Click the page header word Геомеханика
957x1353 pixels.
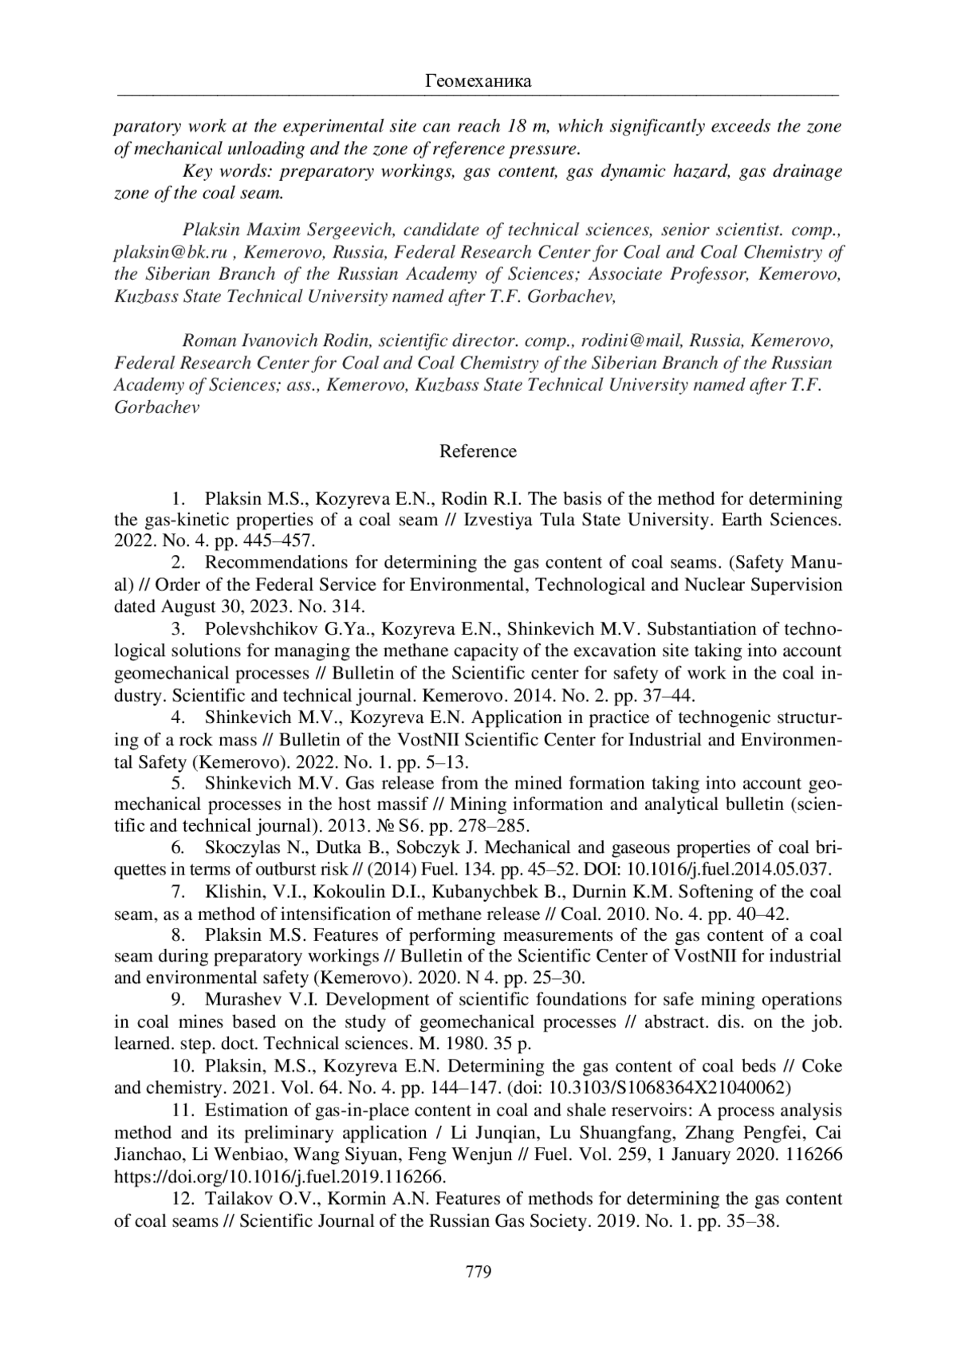478,81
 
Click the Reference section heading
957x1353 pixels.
478,451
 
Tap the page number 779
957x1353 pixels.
478,1271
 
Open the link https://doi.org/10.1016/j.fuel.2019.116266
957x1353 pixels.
280,1177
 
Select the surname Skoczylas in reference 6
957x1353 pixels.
248,847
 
